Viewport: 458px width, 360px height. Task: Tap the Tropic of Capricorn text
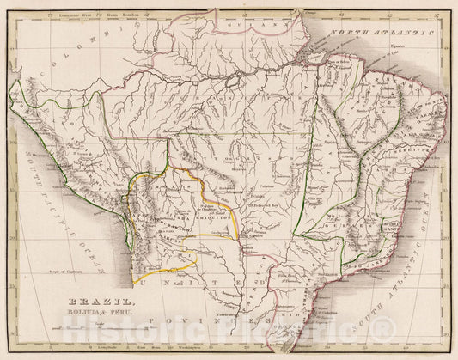[x=56, y=271]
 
